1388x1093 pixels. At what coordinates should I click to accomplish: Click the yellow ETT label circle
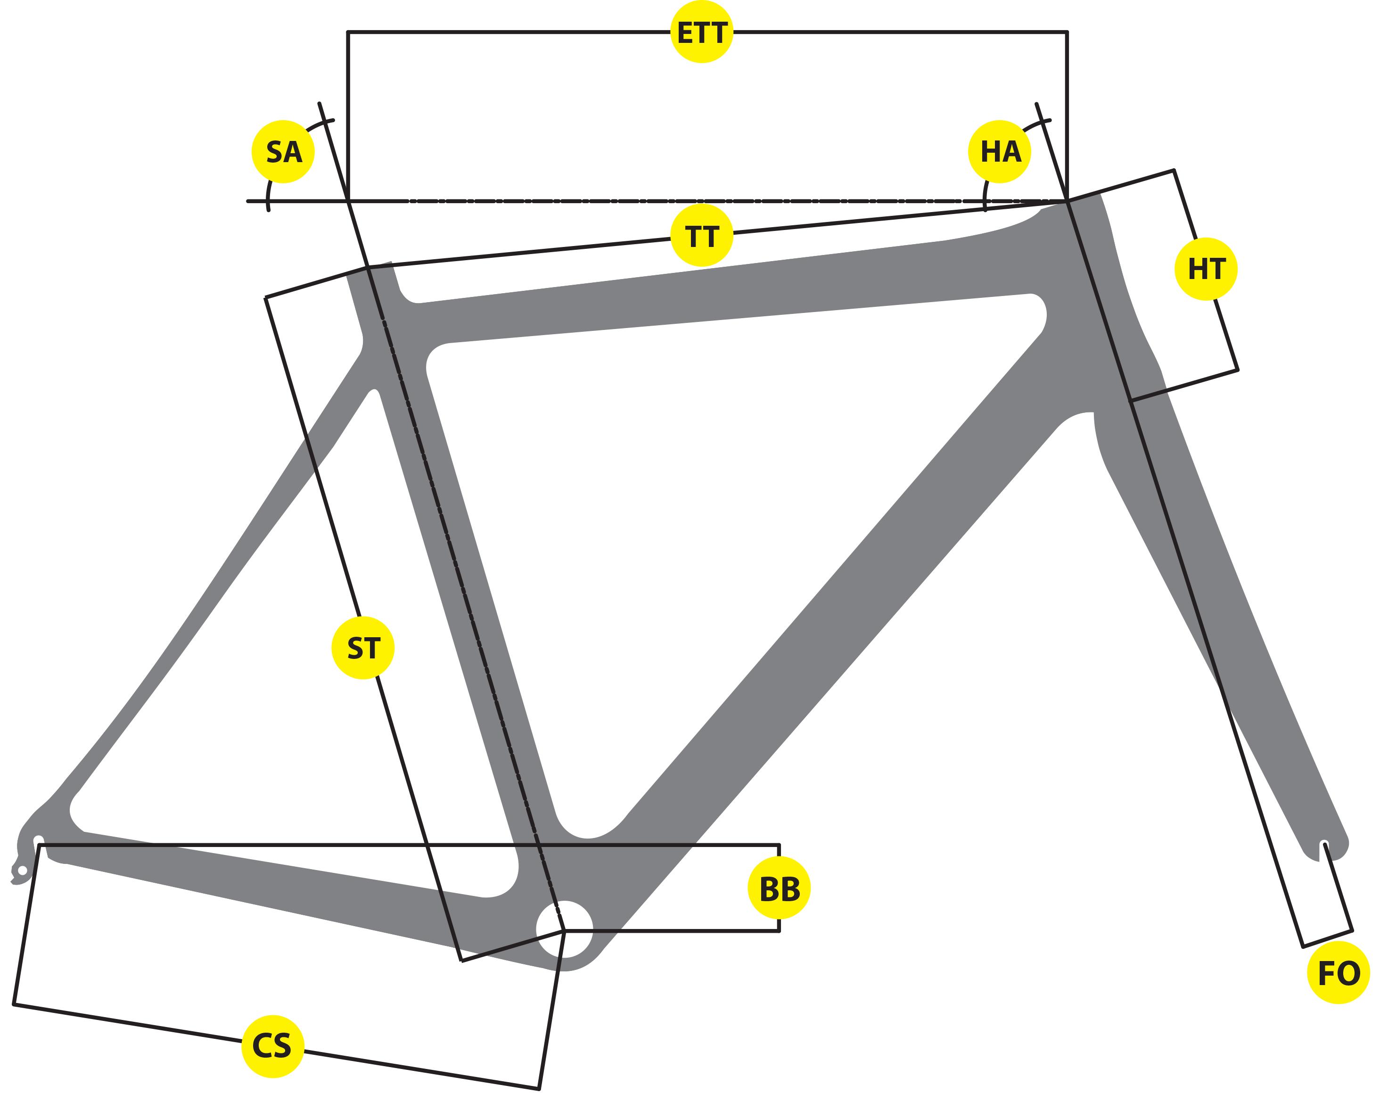point(701,33)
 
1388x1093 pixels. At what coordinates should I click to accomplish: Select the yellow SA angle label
point(283,152)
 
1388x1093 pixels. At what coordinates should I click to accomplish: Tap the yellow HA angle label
point(1000,152)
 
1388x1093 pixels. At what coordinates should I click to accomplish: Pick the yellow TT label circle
point(701,236)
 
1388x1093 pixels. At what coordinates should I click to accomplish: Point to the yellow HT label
point(1206,269)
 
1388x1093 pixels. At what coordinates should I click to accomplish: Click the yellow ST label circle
point(363,648)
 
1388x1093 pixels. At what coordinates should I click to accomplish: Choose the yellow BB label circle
point(779,889)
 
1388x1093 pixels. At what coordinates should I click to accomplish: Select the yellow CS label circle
point(272,1046)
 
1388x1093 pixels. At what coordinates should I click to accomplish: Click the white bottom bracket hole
point(565,929)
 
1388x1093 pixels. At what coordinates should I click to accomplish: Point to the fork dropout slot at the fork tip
point(1324,848)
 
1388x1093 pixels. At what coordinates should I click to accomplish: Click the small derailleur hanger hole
point(23,871)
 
